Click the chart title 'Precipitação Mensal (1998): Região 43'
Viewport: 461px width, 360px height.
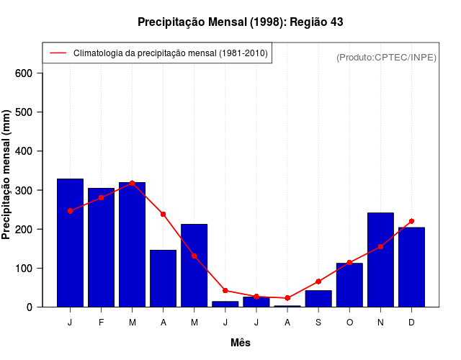click(240, 22)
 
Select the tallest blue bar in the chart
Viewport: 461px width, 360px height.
click(70, 243)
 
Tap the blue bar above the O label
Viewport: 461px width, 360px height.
click(349, 285)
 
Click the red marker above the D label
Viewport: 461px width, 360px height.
click(411, 221)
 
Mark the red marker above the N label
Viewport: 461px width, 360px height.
click(380, 246)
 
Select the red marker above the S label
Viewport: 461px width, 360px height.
click(318, 282)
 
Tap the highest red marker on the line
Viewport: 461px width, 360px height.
click(132, 183)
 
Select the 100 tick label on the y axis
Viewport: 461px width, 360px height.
click(24, 268)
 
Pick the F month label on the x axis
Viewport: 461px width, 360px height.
click(101, 323)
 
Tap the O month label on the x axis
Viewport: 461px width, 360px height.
click(349, 323)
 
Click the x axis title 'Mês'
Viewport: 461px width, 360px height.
click(241, 343)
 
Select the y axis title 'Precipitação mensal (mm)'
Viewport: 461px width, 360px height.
click(7, 175)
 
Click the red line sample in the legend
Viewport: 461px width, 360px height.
click(58, 53)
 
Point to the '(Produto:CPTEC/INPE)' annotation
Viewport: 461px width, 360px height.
click(386, 57)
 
